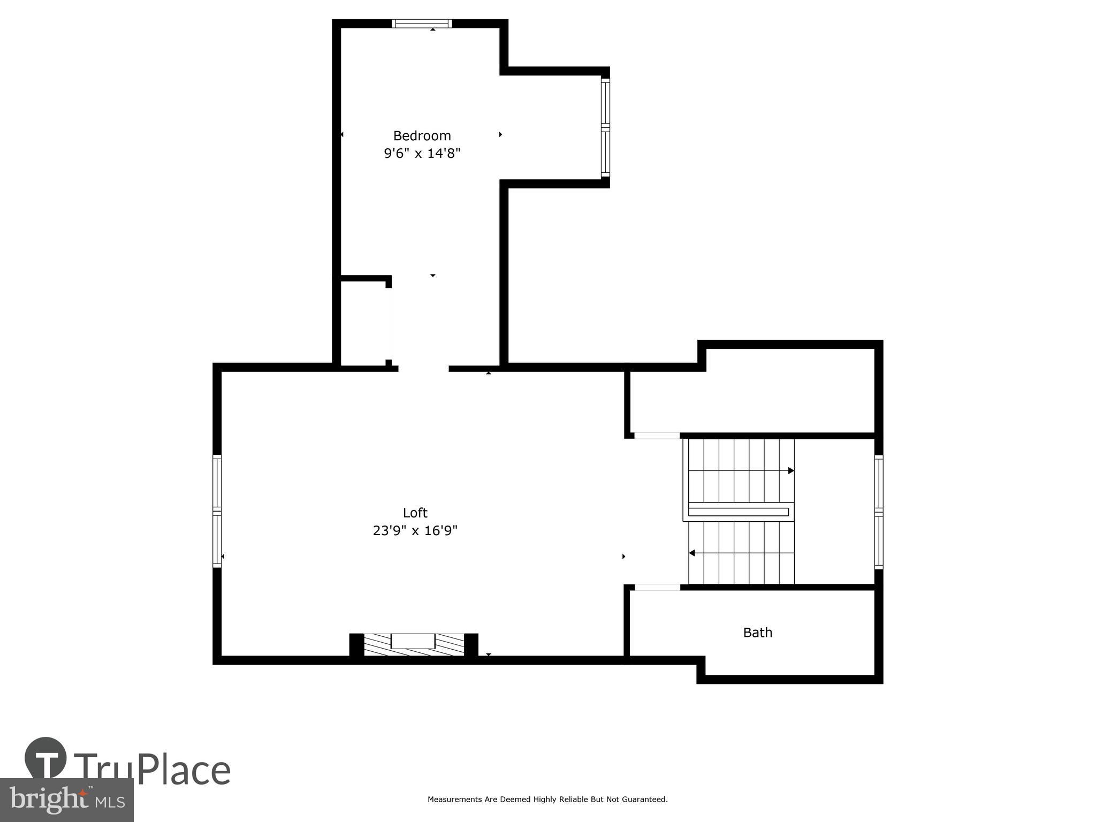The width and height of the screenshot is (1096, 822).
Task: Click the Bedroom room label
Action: (x=422, y=135)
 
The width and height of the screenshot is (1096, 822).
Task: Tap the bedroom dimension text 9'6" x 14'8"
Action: (x=422, y=154)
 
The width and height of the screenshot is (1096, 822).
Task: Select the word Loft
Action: (x=415, y=513)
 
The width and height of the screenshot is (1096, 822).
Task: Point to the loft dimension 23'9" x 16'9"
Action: (x=415, y=531)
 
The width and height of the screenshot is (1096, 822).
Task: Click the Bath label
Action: (x=757, y=633)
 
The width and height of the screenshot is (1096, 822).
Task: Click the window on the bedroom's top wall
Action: (x=421, y=24)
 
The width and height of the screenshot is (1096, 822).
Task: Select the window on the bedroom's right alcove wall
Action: (x=605, y=127)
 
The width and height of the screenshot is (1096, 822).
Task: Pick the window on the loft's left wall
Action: (x=217, y=511)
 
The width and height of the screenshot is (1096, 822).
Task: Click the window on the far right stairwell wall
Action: (x=878, y=512)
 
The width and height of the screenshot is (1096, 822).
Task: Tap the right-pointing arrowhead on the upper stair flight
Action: (x=791, y=471)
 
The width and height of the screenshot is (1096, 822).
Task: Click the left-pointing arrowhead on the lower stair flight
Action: (x=692, y=553)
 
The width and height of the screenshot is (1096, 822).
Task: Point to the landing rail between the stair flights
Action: (x=739, y=512)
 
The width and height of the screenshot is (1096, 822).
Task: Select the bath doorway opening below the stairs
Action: (x=657, y=588)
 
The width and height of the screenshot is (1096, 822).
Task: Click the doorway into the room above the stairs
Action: (x=657, y=436)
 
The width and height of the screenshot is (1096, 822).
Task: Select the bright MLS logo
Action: (x=66, y=800)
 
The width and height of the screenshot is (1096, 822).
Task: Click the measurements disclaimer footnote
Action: (x=547, y=800)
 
